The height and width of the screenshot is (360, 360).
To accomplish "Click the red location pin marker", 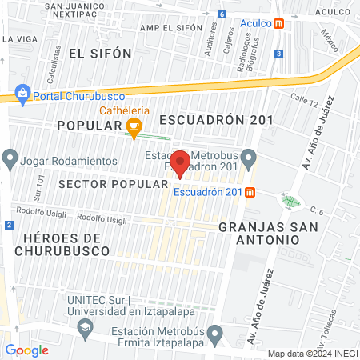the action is (x=181, y=162).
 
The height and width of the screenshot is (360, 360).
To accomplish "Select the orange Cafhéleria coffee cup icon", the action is (x=134, y=125).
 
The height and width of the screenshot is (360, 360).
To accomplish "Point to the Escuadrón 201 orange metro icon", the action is (x=250, y=192).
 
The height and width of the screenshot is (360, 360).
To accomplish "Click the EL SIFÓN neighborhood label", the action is (x=99, y=54).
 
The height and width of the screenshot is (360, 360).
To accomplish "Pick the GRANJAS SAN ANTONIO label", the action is (x=268, y=234).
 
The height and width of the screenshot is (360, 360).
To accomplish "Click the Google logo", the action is (x=26, y=350).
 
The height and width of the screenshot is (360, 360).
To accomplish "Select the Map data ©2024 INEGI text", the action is (x=312, y=353).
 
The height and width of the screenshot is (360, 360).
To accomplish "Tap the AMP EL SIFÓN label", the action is (x=170, y=28).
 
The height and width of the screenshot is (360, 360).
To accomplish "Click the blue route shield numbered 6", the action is (x=221, y=14).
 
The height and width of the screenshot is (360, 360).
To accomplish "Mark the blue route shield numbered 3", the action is (x=278, y=53).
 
